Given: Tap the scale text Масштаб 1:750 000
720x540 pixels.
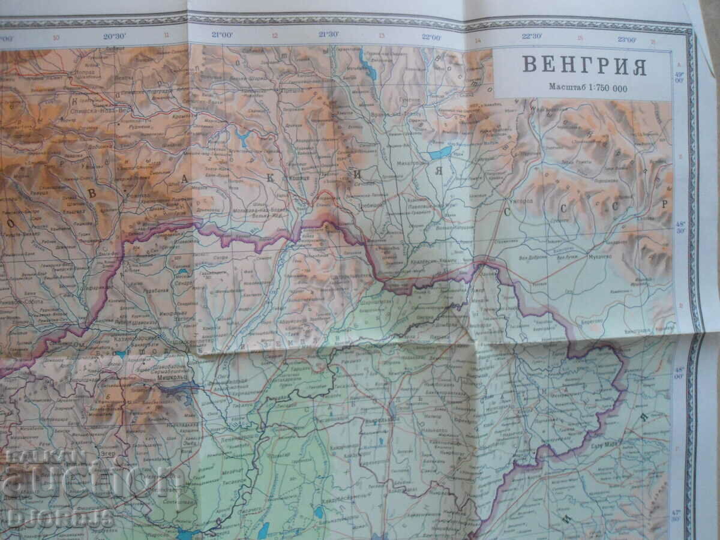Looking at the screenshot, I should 587,87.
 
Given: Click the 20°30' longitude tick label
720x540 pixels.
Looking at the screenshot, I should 114,36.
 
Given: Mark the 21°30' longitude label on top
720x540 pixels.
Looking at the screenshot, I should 328,34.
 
